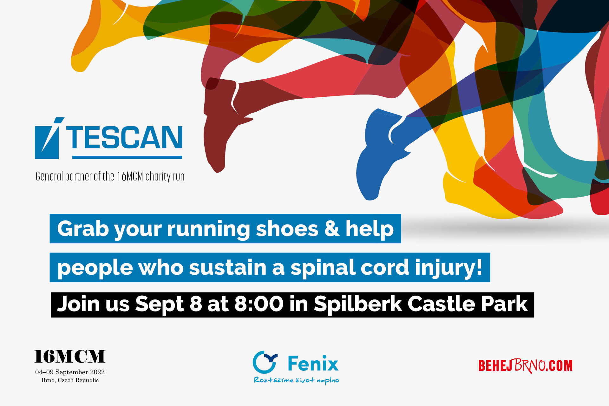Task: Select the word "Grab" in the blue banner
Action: point(83,229)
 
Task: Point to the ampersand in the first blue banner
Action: point(332,229)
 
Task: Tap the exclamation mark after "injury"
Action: point(479,267)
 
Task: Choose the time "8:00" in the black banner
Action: point(259,304)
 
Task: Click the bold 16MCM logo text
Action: point(70,357)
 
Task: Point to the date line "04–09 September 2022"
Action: point(70,372)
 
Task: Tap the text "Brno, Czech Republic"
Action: point(70,380)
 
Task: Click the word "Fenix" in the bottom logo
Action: point(313,363)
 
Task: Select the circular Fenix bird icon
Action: point(265,362)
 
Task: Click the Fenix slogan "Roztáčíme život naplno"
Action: point(297,380)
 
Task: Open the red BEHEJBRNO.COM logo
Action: point(525,366)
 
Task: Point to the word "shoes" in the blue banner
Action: point(287,229)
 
